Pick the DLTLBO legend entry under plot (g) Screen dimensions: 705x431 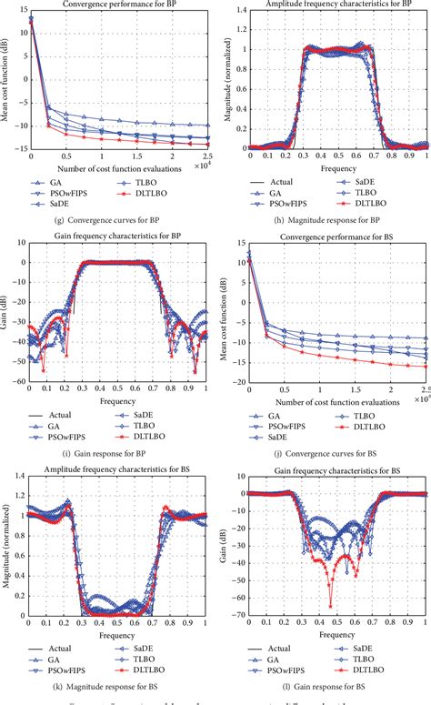(x=147, y=195)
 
